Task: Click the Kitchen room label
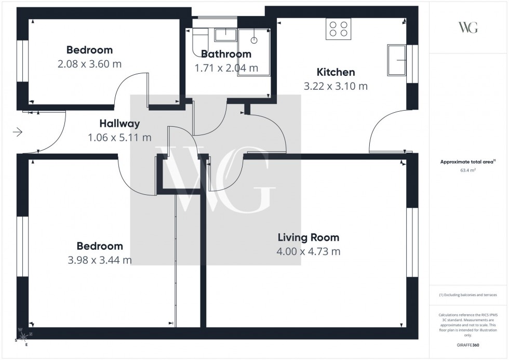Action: click(x=336, y=72)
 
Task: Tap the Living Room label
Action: click(x=308, y=238)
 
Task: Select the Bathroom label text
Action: click(x=226, y=54)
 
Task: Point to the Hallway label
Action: click(x=120, y=124)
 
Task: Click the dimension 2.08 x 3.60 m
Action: click(x=90, y=64)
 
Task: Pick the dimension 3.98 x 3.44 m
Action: click(x=99, y=260)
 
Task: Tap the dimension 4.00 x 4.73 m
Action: click(x=309, y=252)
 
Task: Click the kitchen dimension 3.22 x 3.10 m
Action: click(x=336, y=86)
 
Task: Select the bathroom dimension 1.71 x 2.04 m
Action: click(x=226, y=68)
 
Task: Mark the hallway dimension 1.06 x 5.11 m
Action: click(x=120, y=138)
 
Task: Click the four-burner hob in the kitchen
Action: click(x=338, y=29)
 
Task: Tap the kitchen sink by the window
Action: click(x=397, y=60)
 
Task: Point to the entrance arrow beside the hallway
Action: click(x=17, y=132)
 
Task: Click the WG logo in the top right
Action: click(x=468, y=28)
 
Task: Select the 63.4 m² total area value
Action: click(x=468, y=169)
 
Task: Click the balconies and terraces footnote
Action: click(x=467, y=295)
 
